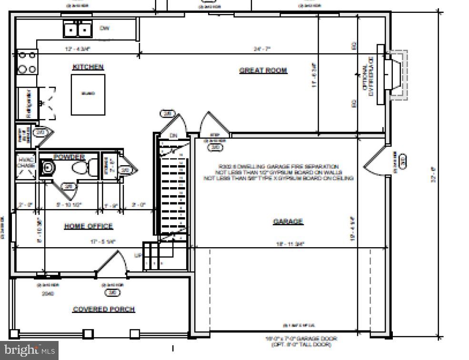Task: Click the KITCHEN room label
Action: (88, 67)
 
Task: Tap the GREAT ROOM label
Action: (263, 70)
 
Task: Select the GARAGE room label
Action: (288, 221)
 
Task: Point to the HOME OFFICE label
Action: (89, 226)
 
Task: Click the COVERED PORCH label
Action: (103, 310)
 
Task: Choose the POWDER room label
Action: (69, 157)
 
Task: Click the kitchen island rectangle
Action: (88, 94)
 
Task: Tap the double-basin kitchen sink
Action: (78, 30)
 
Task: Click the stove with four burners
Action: (27, 62)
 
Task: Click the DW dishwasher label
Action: (105, 28)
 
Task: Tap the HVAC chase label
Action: (26, 163)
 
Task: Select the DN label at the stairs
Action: (173, 136)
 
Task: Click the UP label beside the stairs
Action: (138, 256)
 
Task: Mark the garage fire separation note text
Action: (279, 172)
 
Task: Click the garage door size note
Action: (301, 341)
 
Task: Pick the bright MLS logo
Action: (29, 350)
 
